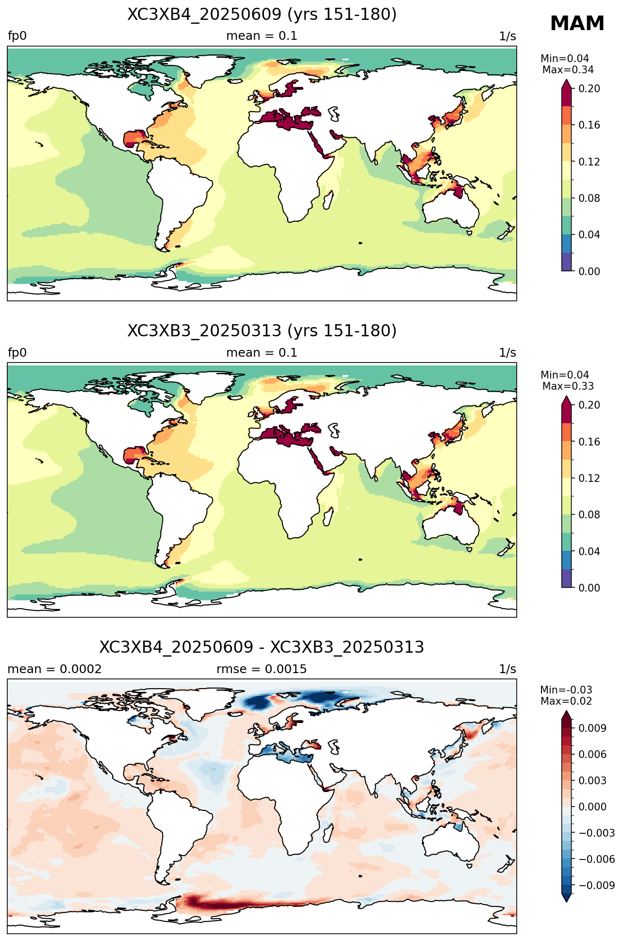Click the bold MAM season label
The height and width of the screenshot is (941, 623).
pyautogui.click(x=577, y=24)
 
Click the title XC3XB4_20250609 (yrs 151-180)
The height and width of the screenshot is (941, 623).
pyautogui.click(x=262, y=15)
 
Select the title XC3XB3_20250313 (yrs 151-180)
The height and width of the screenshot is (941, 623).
pyautogui.click(x=262, y=331)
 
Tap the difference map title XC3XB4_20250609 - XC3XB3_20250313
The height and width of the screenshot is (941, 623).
pyautogui.click(x=262, y=647)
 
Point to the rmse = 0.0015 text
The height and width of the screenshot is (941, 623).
pyautogui.click(x=262, y=669)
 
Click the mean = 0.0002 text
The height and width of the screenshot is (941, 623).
pyautogui.click(x=55, y=669)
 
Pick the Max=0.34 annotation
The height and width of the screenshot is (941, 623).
pyautogui.click(x=568, y=70)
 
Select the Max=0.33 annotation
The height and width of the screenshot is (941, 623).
pyautogui.click(x=568, y=386)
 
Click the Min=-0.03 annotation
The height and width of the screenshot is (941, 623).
pyautogui.click(x=566, y=690)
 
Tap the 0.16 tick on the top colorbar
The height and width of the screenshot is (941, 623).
pyautogui.click(x=589, y=125)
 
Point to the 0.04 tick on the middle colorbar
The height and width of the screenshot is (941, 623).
pyautogui.click(x=589, y=551)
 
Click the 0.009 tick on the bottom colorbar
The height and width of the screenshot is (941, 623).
pyautogui.click(x=592, y=728)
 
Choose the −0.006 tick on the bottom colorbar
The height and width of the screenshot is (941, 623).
pyautogui.click(x=596, y=859)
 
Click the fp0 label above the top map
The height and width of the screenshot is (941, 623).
pyautogui.click(x=17, y=36)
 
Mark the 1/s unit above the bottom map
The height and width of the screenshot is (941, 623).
pyautogui.click(x=508, y=669)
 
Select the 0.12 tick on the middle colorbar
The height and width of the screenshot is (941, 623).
pyautogui.click(x=589, y=478)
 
